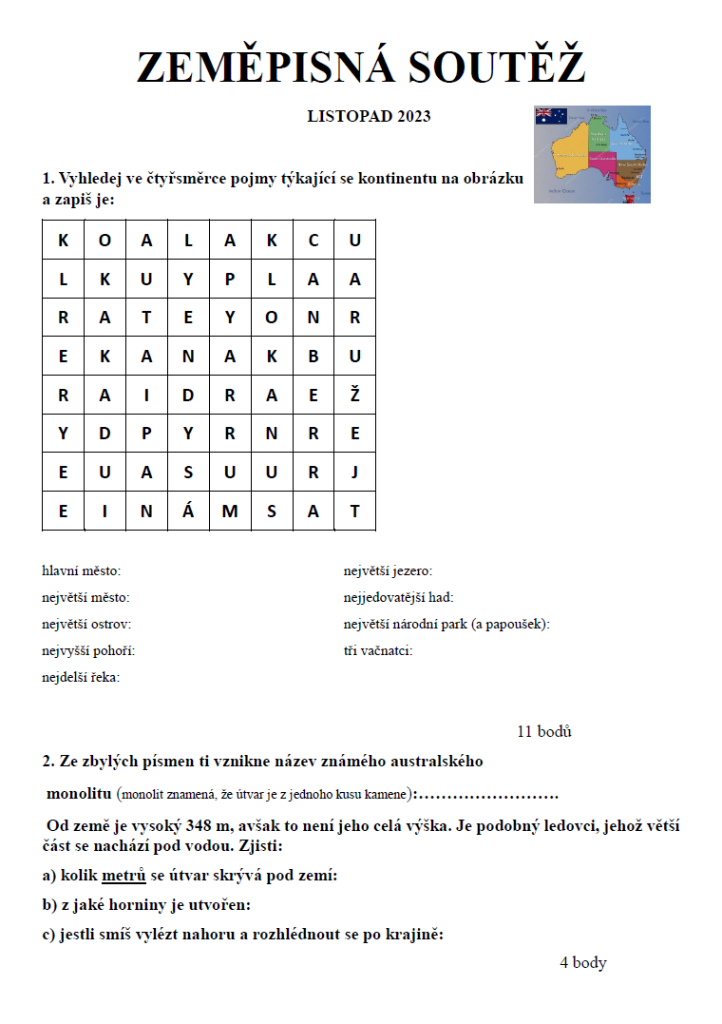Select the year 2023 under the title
(413, 117)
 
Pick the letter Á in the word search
(188, 512)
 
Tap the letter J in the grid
(355, 473)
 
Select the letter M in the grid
(230, 512)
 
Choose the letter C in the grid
(313, 241)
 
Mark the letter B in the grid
(313, 357)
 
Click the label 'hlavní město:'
(82, 571)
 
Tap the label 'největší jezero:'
(388, 571)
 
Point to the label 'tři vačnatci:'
(378, 651)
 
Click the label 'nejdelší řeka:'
(81, 678)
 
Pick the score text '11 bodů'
(544, 731)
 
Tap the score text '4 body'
(582, 963)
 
